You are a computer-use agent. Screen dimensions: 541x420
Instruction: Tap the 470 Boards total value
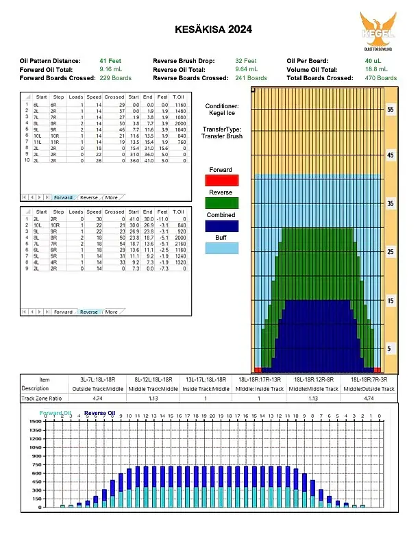[380, 78]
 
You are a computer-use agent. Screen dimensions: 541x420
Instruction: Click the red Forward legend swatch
[223, 181]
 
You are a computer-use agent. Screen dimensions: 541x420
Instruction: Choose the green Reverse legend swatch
[223, 203]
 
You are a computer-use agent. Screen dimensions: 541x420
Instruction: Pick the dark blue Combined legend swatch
[223, 225]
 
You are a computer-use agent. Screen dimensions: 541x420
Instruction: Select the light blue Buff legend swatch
[223, 248]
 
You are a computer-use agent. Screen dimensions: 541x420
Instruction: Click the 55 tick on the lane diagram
[390, 110]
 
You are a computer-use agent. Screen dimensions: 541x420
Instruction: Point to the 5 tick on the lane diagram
[390, 349]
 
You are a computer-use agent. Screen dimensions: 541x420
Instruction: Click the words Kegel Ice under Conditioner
[223, 112]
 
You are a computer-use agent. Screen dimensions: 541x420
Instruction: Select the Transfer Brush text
[223, 136]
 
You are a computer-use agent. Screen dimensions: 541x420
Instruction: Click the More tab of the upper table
[111, 197]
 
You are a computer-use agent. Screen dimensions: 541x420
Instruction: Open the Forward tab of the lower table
[63, 312]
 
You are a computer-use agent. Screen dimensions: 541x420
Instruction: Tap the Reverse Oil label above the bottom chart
[100, 413]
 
